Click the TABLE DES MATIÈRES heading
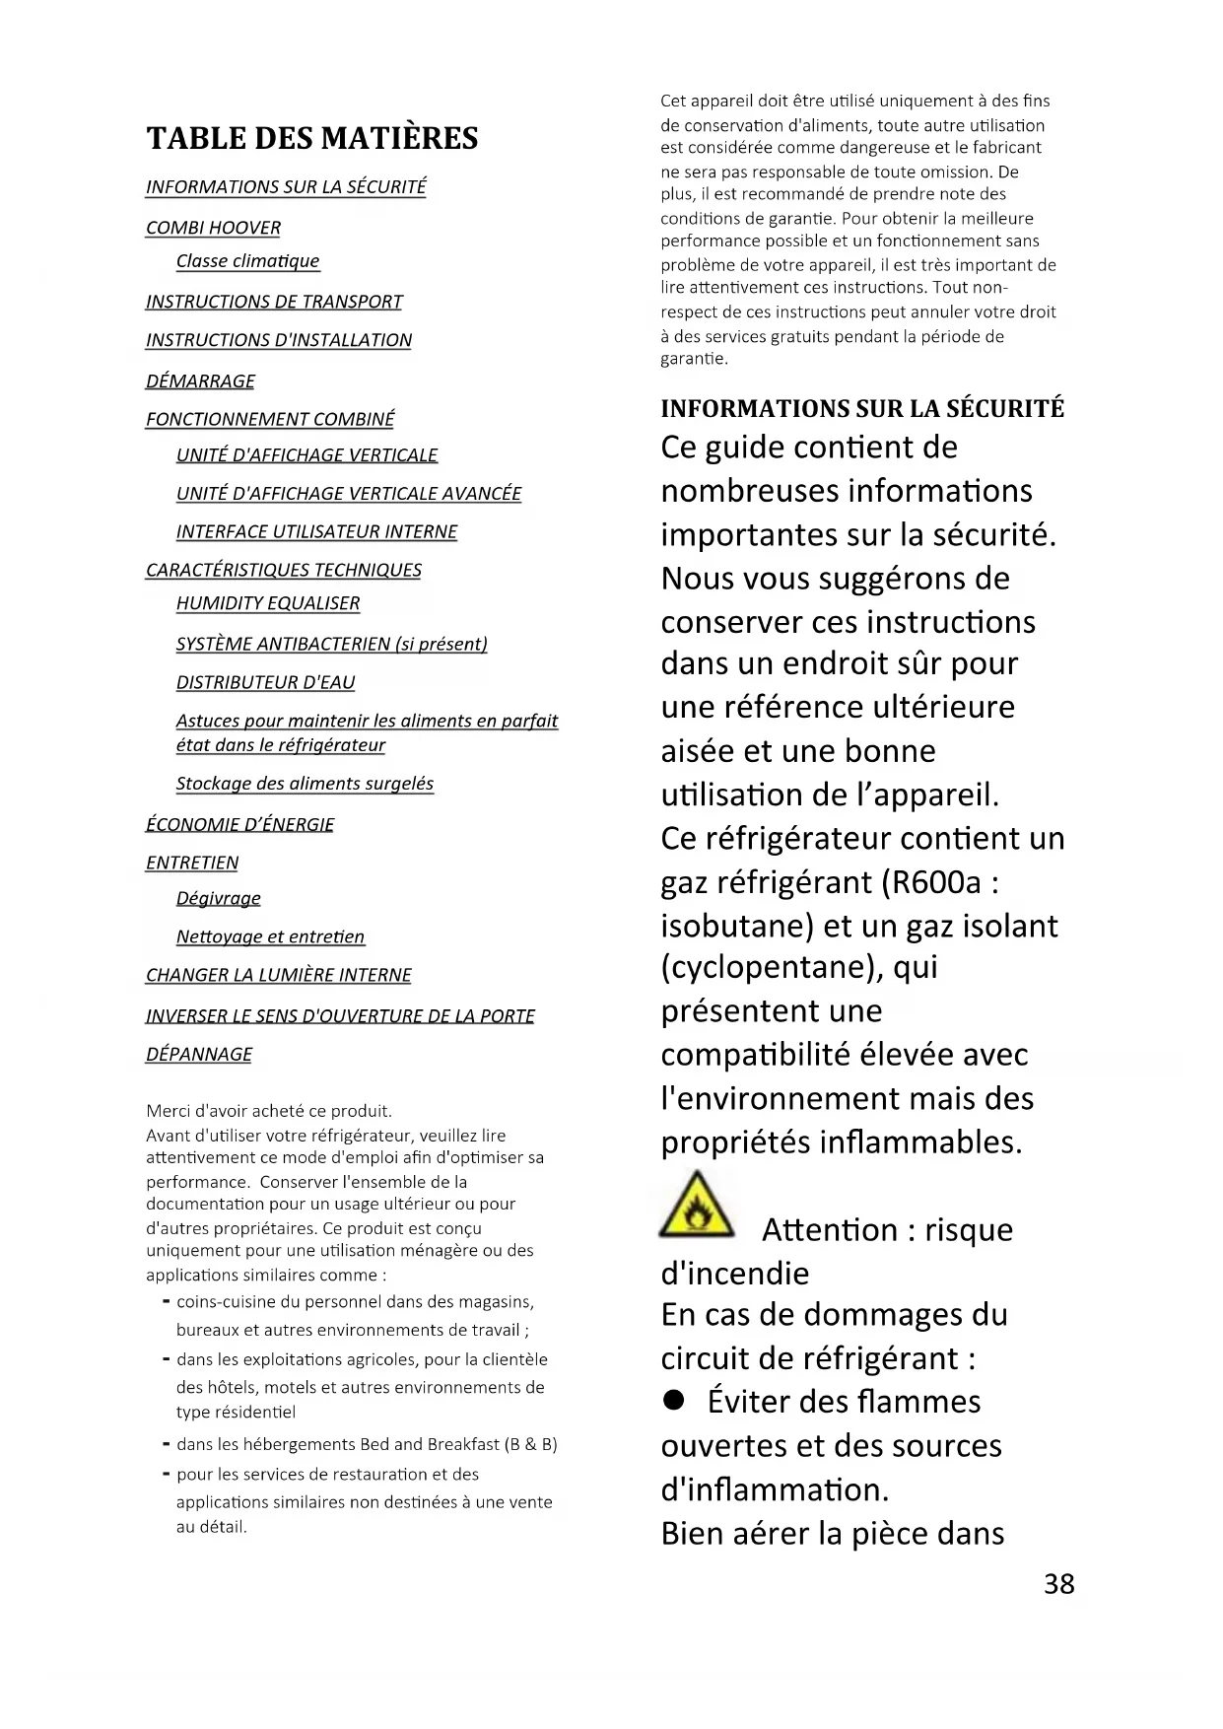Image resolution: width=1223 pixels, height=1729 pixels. coord(311,139)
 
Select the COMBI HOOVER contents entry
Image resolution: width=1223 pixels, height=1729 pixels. coord(213,228)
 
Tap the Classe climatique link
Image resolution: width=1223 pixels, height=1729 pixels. coord(247,261)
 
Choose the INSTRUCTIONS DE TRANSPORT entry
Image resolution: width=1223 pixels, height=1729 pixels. coord(274,302)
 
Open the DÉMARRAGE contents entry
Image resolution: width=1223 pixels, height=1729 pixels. coord(200,381)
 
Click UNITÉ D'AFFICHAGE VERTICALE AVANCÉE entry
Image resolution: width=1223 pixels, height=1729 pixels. coord(348,494)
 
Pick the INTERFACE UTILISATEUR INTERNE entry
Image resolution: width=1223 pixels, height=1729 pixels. coord(316,532)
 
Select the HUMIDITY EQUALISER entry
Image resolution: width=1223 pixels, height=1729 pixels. coord(268,603)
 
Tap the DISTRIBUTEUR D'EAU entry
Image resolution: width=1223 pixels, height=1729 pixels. coord(265,683)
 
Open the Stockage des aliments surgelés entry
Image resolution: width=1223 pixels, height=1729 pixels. coord(305,784)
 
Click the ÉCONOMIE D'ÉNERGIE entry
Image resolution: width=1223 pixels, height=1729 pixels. coord(239,825)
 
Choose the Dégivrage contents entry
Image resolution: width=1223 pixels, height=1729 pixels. coord(218,899)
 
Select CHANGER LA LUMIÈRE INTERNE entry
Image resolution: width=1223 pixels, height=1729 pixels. coord(278,976)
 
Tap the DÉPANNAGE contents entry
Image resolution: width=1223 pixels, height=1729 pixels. coord(198,1055)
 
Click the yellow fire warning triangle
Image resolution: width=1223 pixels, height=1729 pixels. coord(698,1208)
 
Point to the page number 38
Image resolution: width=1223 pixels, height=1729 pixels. coord(1058,1584)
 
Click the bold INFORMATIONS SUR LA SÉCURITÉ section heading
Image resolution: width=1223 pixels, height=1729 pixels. coord(862,409)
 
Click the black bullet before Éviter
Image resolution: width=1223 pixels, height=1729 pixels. coord(674,1402)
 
